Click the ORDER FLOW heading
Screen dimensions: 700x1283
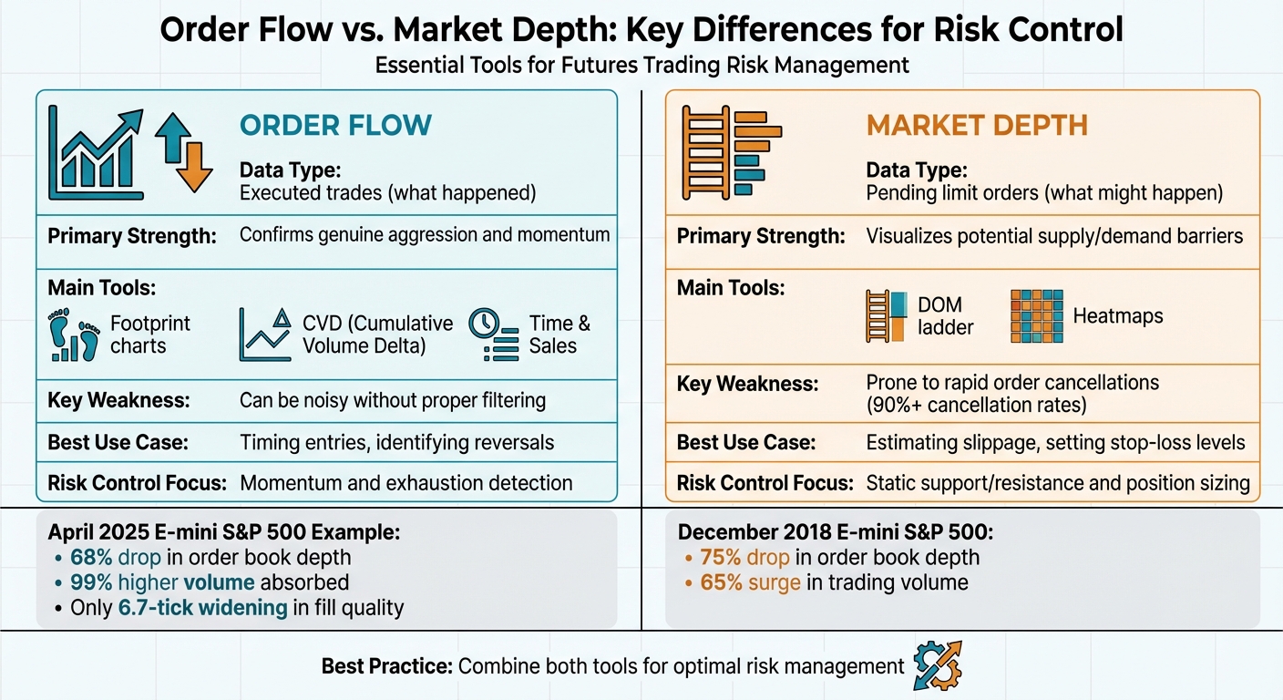click(x=335, y=125)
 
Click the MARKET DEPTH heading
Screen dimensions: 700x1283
click(x=977, y=125)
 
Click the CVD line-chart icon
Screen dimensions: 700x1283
click(x=266, y=334)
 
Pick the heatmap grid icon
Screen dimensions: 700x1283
click(x=1036, y=316)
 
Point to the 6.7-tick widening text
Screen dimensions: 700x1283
click(x=202, y=607)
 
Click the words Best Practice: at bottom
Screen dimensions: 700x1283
click(x=386, y=666)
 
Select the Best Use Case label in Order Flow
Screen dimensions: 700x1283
click(x=118, y=443)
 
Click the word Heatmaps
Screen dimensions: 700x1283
click(x=1118, y=316)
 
